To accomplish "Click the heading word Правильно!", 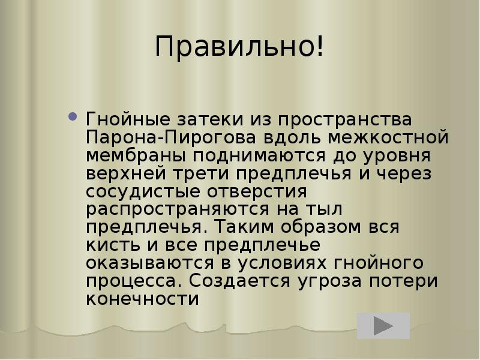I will pyautogui.click(x=239, y=47).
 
